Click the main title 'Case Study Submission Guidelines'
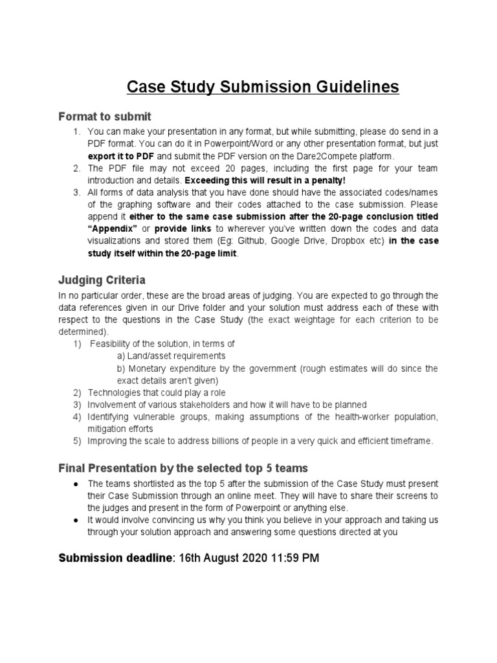pos(262,87)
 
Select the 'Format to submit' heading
pos(105,117)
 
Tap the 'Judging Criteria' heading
pos(102,280)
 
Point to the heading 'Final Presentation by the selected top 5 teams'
pos(183,467)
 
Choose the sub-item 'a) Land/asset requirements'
pos(171,355)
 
